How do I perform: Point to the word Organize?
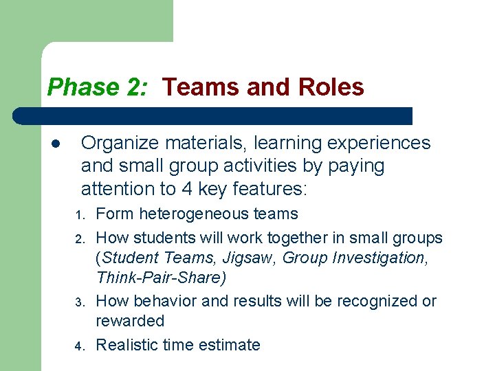[120, 143]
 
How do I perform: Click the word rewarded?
[130, 321]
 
